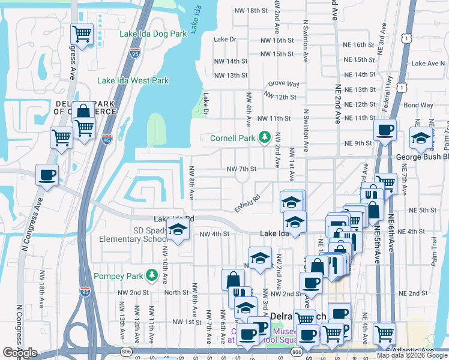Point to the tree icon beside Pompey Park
pos(153,275)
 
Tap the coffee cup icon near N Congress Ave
pos(47,175)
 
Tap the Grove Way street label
pos(284,84)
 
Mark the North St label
pos(176,293)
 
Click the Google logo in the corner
pos(20,353)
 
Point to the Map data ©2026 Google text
pos(411,355)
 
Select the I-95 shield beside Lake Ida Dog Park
pos(134,53)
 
